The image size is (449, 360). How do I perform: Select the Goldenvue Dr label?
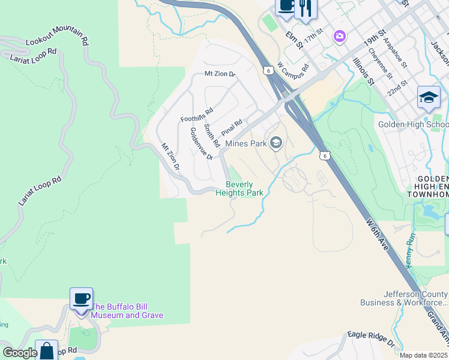[x=202, y=143]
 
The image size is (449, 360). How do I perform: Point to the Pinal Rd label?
[x=231, y=127]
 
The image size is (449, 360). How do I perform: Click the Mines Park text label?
[x=246, y=144]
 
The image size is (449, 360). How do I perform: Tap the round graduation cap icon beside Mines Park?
[x=276, y=142]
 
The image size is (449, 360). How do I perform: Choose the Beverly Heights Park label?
[x=244, y=189]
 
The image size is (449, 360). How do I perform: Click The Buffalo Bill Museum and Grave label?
[x=127, y=311]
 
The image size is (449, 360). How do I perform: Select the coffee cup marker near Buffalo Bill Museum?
[x=81, y=298]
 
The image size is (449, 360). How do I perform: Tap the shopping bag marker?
[x=46, y=350]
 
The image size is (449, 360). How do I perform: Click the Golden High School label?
[x=413, y=125]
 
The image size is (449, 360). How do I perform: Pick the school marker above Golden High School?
[x=429, y=97]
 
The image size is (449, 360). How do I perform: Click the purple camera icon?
[x=340, y=37]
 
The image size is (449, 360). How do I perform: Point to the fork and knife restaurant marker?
[x=306, y=8]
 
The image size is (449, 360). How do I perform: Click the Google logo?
[x=20, y=353]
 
